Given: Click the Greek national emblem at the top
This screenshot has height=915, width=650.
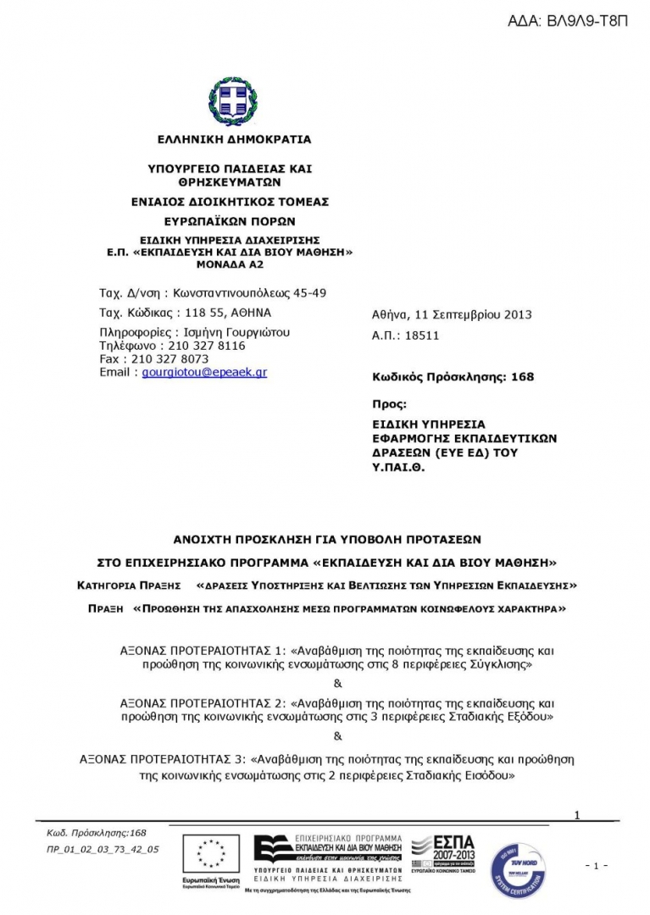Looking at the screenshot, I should pyautogui.click(x=233, y=101).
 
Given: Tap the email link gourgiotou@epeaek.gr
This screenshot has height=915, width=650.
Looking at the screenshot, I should pyautogui.click(x=204, y=372).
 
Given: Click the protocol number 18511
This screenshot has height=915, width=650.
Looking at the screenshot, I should pyautogui.click(x=422, y=335).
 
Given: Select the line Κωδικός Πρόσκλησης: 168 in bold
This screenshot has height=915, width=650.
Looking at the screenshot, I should pyautogui.click(x=453, y=377).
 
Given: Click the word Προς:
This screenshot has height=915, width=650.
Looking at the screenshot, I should pyautogui.click(x=390, y=404).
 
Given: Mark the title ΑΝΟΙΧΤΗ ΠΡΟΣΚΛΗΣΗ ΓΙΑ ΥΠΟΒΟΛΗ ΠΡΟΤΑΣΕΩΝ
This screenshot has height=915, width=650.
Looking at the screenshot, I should pyautogui.click(x=327, y=538).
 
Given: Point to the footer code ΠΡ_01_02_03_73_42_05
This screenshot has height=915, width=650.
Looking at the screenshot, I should pyautogui.click(x=103, y=848).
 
